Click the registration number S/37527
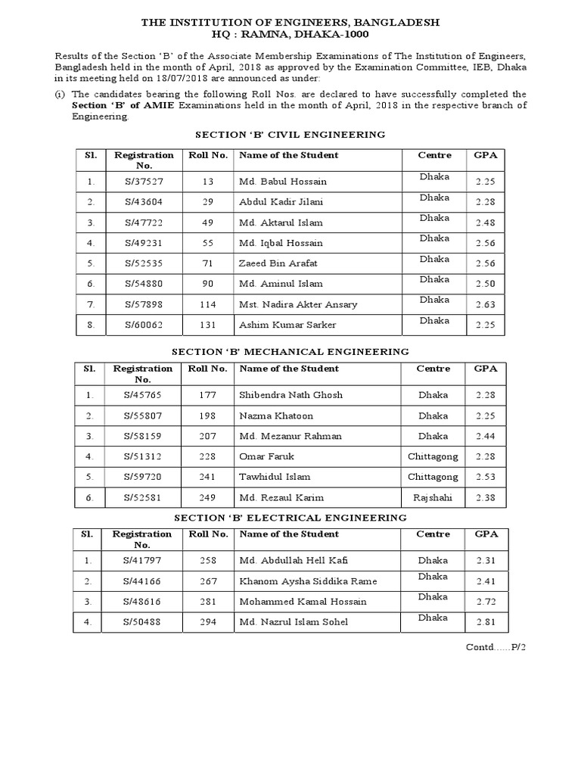[144, 182]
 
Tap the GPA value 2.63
[486, 304]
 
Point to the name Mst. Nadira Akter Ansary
[298, 304]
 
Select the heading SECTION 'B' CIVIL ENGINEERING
[290, 135]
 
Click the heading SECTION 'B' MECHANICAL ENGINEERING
[290, 352]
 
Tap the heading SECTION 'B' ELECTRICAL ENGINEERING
[290, 518]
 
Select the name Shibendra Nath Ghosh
[290, 395]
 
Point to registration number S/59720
[144, 478]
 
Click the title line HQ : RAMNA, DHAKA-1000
[290, 35]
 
